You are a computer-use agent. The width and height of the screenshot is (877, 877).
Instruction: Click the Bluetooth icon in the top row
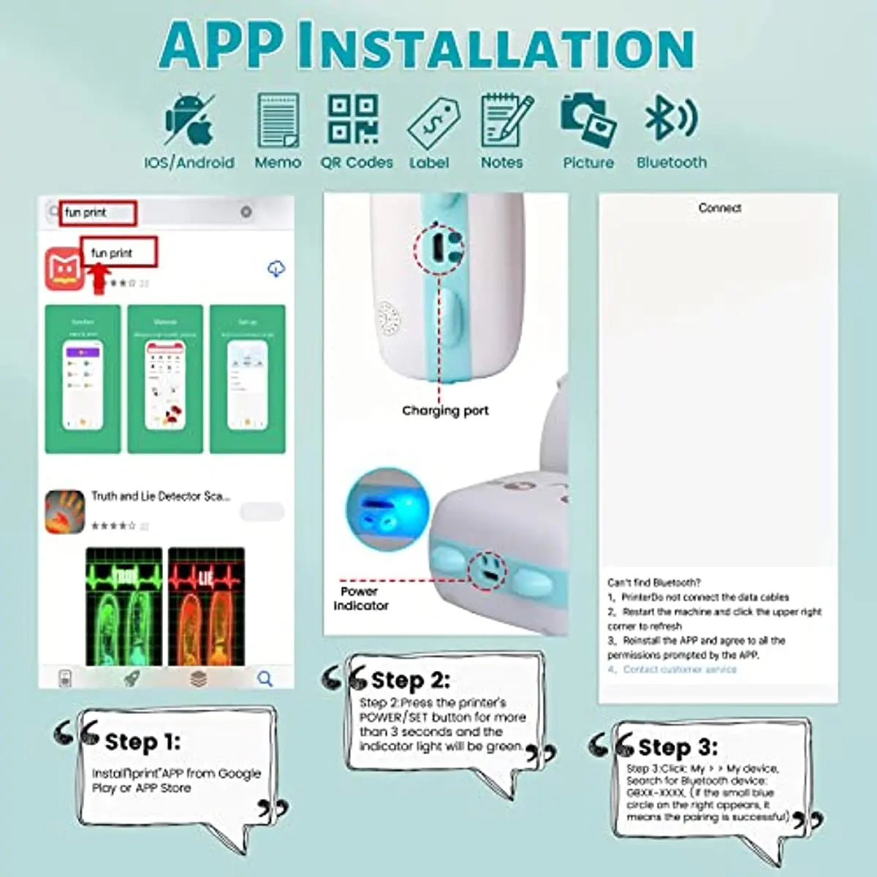pos(670,118)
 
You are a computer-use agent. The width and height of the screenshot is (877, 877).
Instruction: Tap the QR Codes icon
pos(354,119)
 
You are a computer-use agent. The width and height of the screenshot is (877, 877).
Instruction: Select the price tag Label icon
pos(433,123)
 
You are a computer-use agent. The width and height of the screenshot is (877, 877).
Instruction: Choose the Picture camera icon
pos(588,120)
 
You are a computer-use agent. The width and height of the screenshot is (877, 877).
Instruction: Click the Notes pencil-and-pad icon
pos(506,120)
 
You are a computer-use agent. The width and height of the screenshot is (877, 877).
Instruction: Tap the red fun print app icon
pos(64,269)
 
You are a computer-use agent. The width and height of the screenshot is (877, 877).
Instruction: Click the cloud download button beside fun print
pos(276,269)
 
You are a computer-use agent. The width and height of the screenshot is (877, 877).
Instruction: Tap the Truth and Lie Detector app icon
pos(64,512)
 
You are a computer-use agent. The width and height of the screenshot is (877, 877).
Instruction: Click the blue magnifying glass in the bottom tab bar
pos(265,679)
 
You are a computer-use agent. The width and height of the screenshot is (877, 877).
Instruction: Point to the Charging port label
pos(445,411)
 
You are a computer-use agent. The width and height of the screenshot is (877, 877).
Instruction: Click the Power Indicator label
pos(360,599)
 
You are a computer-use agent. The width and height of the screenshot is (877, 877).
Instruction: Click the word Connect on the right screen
pos(719,208)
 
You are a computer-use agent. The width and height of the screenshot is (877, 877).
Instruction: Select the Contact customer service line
pos(679,669)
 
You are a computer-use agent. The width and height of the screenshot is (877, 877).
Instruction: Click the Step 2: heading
pos(409,680)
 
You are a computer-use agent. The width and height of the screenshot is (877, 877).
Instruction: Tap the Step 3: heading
pos(677,747)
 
